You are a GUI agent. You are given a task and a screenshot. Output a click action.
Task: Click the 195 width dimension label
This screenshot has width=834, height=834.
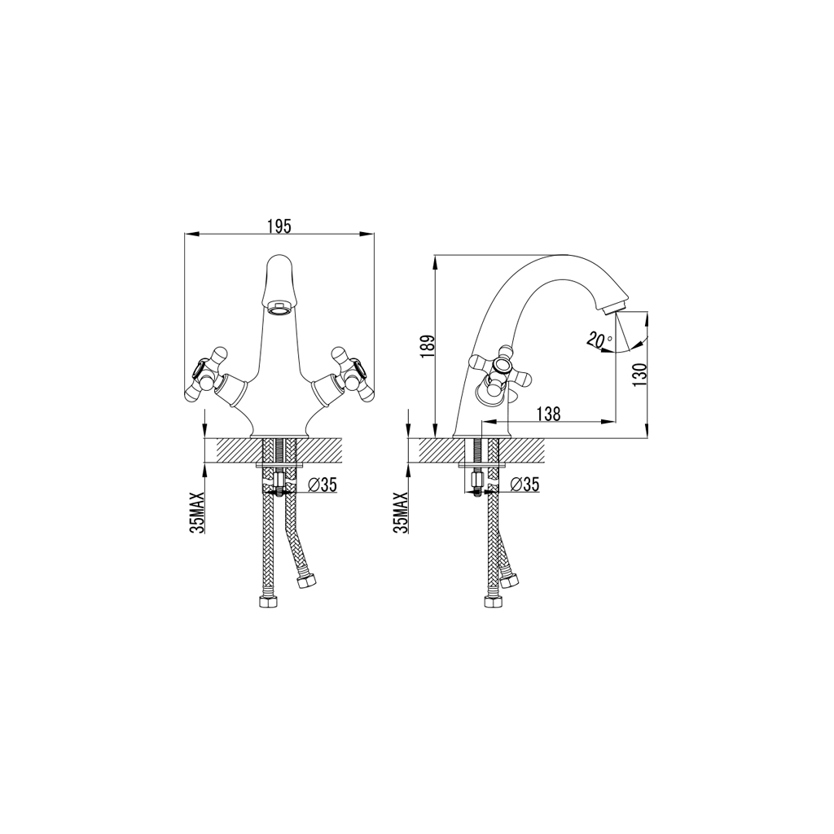(279, 226)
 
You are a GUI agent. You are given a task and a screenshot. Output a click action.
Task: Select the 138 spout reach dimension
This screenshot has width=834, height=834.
(550, 414)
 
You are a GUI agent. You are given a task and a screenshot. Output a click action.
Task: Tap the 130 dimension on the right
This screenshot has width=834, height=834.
(641, 375)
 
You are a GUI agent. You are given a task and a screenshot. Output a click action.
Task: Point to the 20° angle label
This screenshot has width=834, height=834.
(598, 340)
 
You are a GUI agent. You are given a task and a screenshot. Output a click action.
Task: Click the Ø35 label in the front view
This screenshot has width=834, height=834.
(323, 485)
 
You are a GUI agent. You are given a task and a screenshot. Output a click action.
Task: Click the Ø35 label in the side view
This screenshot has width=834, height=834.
(525, 485)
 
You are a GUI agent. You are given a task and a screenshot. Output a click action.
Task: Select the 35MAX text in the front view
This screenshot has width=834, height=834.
(195, 511)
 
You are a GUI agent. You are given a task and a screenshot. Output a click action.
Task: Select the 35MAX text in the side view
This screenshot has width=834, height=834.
(399, 511)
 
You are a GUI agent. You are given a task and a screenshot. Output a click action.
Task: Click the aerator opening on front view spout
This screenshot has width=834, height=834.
(279, 309)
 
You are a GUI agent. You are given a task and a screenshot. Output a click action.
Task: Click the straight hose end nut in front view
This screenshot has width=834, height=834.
(268, 602)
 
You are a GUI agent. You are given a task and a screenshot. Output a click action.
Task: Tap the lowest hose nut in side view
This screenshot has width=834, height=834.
(491, 603)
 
